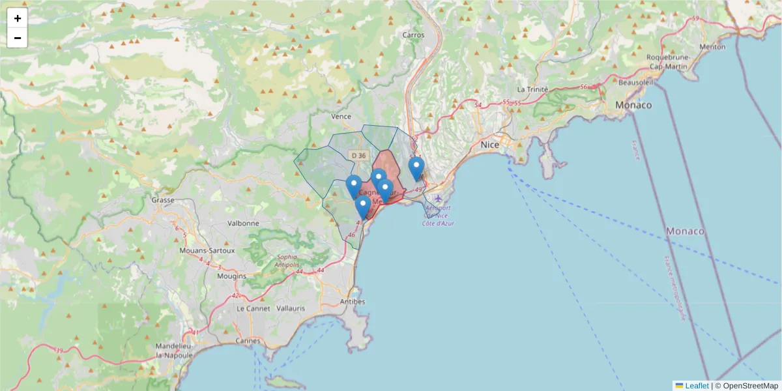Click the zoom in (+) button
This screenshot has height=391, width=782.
18,18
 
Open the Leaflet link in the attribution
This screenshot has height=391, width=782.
697,386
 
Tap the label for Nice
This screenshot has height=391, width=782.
489,145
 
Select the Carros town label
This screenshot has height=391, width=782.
413,35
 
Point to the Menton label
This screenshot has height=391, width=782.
712,47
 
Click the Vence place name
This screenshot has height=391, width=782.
341,117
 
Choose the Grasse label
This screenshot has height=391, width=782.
162,201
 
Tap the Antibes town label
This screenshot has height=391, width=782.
353,302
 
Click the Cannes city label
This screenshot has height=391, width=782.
248,340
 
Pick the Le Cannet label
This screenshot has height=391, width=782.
249,308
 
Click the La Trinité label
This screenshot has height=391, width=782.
532,89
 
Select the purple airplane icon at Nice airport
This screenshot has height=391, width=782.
438,198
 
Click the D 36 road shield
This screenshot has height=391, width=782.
358,155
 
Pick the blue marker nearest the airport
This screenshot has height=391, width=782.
416,168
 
